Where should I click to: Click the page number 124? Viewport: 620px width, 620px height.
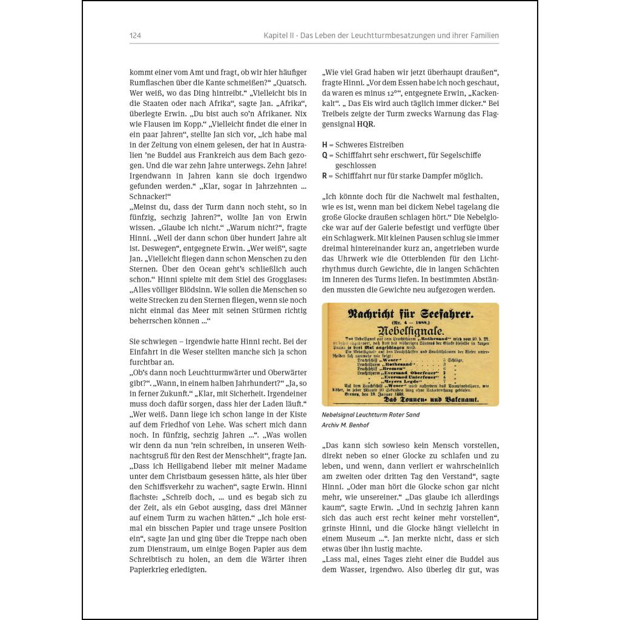tap(135, 36)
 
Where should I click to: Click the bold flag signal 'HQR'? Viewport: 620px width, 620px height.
tap(366, 124)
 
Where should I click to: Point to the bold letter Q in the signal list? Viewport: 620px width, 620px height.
tap(325, 155)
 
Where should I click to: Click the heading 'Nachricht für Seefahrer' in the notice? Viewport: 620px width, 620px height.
tap(411, 314)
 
